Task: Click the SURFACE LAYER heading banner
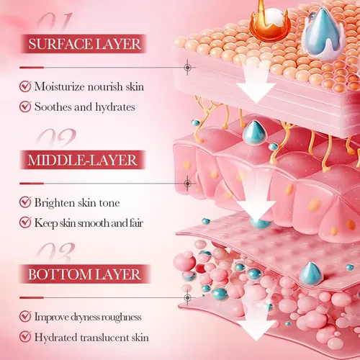pyautogui.click(x=84, y=44)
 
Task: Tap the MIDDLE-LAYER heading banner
pyautogui.click(x=83, y=160)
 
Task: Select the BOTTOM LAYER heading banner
pyautogui.click(x=84, y=274)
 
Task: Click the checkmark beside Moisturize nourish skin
pyautogui.click(x=25, y=86)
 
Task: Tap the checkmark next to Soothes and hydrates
pyautogui.click(x=25, y=107)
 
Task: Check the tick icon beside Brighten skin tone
pyautogui.click(x=25, y=202)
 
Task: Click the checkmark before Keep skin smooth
pyautogui.click(x=25, y=222)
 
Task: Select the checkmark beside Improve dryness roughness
pyautogui.click(x=25, y=316)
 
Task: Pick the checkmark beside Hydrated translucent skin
pyautogui.click(x=25, y=336)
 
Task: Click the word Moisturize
pyautogui.click(x=60, y=86)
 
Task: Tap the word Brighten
pyautogui.click(x=55, y=203)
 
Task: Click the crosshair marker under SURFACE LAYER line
pyautogui.click(x=188, y=68)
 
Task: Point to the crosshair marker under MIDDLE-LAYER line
pyautogui.click(x=188, y=184)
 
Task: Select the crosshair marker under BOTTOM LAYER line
pyautogui.click(x=188, y=298)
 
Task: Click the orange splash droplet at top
pyautogui.click(x=270, y=23)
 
